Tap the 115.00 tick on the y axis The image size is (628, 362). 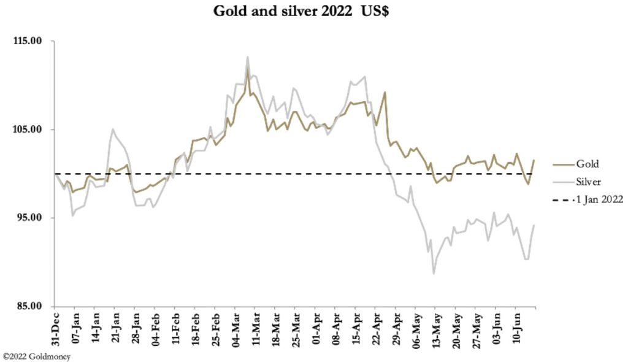tap(27, 41)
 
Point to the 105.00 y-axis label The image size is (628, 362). tap(27, 129)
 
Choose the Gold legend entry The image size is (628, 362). tap(587, 164)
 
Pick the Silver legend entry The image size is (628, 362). tap(589, 182)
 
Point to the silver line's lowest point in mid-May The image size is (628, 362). tap(434, 274)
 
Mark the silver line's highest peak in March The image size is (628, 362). tap(248, 57)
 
